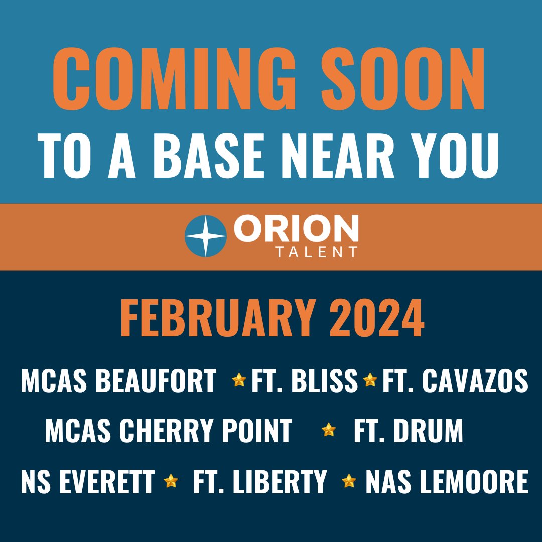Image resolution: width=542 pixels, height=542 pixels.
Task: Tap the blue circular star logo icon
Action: [205, 236]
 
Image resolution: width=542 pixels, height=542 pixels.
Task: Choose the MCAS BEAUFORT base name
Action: [118, 382]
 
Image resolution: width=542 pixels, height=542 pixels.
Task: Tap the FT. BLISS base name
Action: [305, 382]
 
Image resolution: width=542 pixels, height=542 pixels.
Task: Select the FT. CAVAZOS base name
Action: [455, 382]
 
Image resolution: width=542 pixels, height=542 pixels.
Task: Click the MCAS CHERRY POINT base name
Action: [168, 431]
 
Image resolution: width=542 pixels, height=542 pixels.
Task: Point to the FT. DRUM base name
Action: [408, 431]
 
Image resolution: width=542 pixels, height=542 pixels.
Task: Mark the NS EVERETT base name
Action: [87, 481]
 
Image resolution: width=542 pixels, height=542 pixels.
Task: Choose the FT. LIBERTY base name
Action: [260, 481]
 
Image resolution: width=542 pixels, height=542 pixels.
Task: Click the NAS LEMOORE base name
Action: [447, 481]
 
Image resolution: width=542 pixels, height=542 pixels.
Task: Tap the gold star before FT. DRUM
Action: [329, 430]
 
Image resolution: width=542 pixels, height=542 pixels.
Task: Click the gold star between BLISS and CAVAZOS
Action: [370, 380]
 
